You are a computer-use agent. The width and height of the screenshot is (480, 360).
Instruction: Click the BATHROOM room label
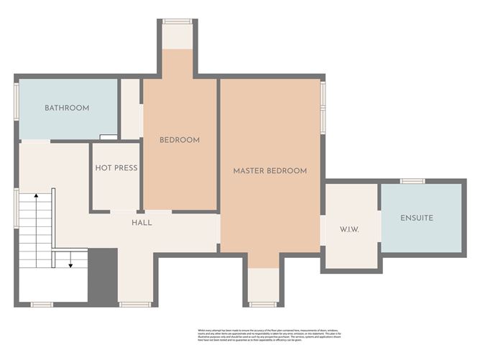click(x=67, y=109)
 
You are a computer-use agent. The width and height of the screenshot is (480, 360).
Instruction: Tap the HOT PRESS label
click(x=116, y=168)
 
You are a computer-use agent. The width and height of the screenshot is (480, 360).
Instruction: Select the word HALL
click(x=142, y=223)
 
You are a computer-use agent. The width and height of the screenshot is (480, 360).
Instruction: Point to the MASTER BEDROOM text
click(x=269, y=171)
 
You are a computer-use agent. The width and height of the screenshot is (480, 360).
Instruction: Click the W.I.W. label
click(x=349, y=229)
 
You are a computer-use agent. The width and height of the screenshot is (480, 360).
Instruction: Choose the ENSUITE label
click(x=418, y=218)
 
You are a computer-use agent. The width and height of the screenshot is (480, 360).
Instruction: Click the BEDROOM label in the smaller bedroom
click(x=179, y=140)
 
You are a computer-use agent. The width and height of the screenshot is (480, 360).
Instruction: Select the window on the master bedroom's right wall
click(x=323, y=107)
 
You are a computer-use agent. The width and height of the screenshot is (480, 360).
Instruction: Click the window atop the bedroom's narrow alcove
click(x=176, y=22)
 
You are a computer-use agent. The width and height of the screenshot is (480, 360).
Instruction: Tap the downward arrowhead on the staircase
click(x=70, y=264)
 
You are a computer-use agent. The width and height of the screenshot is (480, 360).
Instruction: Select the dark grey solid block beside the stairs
click(x=102, y=275)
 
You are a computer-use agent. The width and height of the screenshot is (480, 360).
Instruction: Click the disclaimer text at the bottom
click(x=267, y=336)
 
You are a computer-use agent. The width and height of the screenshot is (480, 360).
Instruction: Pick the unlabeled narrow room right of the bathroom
click(x=130, y=109)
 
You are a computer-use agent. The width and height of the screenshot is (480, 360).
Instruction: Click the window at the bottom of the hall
click(x=134, y=305)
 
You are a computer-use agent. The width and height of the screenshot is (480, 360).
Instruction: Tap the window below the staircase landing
click(x=42, y=305)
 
